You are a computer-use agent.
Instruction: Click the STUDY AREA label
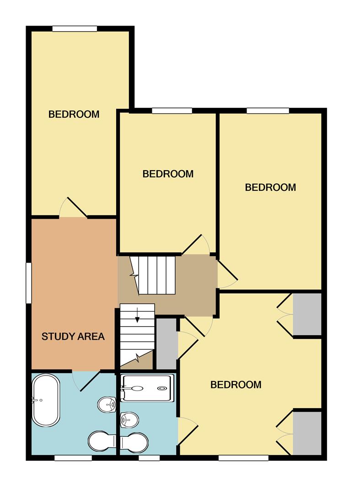click(x=73, y=337)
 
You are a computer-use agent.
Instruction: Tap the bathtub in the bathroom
click(x=46, y=401)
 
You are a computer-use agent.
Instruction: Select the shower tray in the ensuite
click(x=148, y=388)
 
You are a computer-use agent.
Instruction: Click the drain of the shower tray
click(x=162, y=388)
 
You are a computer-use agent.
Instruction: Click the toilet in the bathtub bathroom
click(x=101, y=441)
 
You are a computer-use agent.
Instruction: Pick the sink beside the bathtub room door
click(x=107, y=404)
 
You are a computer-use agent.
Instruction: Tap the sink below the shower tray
click(x=129, y=418)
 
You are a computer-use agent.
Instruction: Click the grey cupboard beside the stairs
click(x=167, y=344)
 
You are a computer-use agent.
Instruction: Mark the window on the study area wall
click(x=29, y=283)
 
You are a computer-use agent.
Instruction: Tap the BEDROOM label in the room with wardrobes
click(x=236, y=385)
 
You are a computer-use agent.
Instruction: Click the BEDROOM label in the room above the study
click(x=74, y=114)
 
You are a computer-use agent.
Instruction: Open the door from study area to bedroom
click(x=73, y=208)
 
